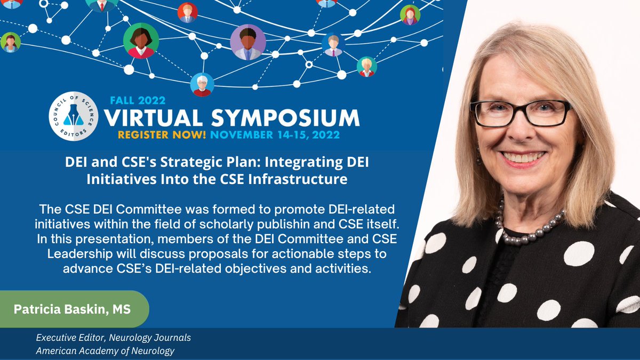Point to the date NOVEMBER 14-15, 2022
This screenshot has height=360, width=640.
[x=273, y=135]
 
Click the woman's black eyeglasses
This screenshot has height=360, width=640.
[x=520, y=113]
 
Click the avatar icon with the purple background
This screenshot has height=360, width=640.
[x=247, y=42]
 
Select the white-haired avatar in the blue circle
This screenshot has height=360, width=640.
[x=202, y=84]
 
